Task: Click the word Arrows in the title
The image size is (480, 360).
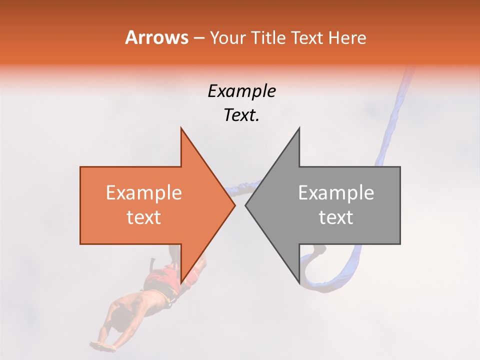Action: (157, 38)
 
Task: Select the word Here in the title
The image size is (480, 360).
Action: (347, 38)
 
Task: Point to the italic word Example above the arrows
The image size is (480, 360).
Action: (241, 91)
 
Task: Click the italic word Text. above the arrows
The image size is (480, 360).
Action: (241, 115)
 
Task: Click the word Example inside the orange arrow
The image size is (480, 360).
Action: (144, 193)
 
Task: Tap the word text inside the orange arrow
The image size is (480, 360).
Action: (144, 217)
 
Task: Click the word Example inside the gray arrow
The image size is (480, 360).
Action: (336, 193)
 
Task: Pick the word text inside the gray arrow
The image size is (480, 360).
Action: (336, 217)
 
